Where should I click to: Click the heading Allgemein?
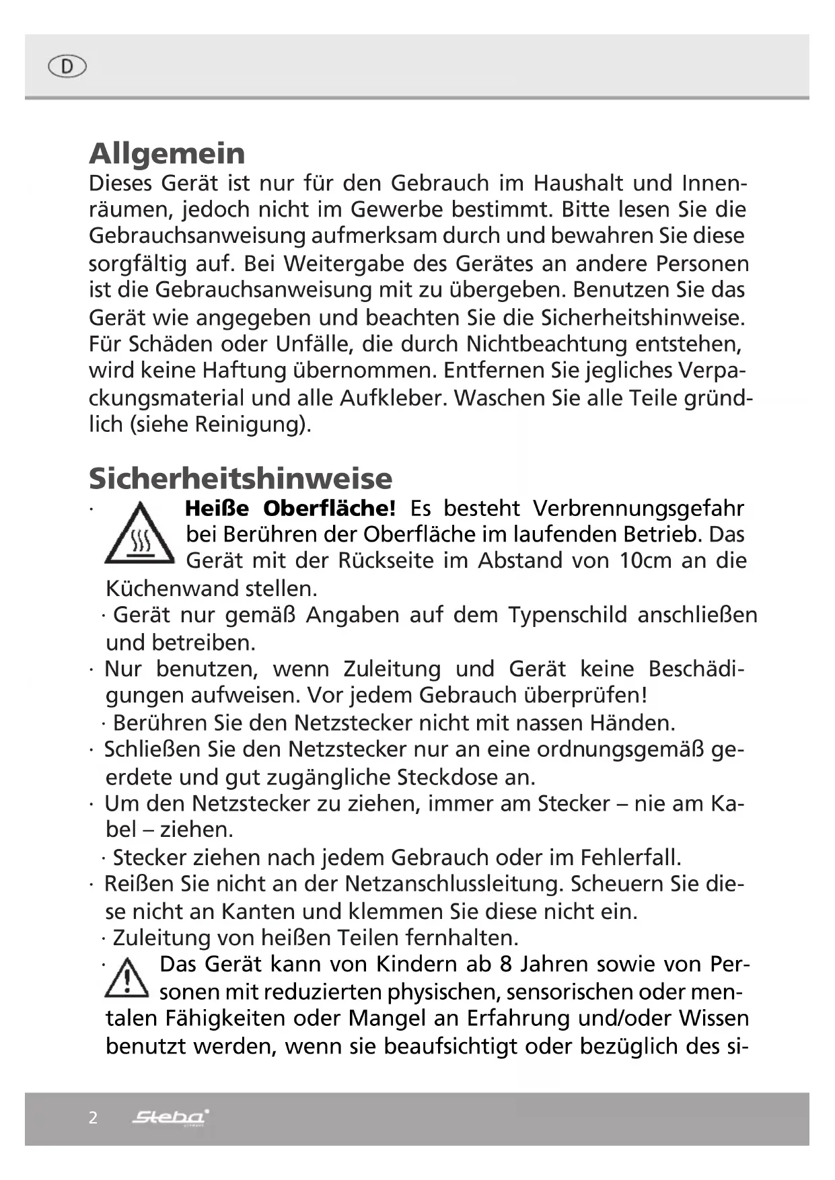pyautogui.click(x=167, y=154)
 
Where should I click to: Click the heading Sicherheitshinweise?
pyautogui.click(x=240, y=479)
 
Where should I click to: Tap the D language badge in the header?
pyautogui.click(x=67, y=67)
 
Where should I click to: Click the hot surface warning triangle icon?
pyautogui.click(x=140, y=534)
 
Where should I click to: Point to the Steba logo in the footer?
pyautogui.click(x=170, y=1117)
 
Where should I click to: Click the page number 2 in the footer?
pyautogui.click(x=94, y=1117)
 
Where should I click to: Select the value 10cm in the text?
pyautogui.click(x=645, y=560)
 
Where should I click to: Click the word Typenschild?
pyautogui.click(x=567, y=615)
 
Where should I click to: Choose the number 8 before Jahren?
pyautogui.click(x=506, y=965)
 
